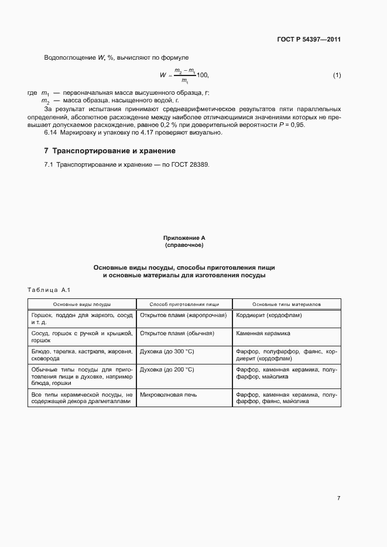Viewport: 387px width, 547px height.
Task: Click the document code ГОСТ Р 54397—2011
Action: [x=309, y=40]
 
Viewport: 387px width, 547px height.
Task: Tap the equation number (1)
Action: [x=337, y=75]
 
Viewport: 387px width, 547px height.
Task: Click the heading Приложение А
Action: [x=184, y=238]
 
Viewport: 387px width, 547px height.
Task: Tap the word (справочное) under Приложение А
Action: [x=184, y=245]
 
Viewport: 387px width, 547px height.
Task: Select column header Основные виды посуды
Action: [x=82, y=304]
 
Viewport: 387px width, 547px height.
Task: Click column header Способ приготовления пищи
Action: [x=184, y=304]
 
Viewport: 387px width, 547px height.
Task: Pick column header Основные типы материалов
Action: [x=286, y=304]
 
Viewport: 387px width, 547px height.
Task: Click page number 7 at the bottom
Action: [x=338, y=498]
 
